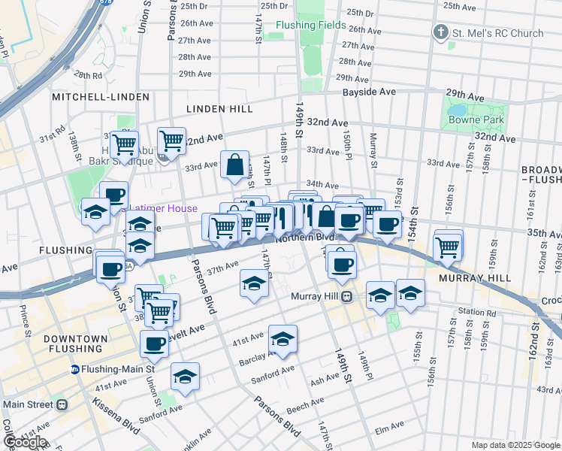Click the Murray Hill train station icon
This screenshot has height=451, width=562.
(346, 296)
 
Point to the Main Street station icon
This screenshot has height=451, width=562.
(62, 404)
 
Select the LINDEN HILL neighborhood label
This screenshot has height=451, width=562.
(219, 109)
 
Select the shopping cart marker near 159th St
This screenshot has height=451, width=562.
(448, 245)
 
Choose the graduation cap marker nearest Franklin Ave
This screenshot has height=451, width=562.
(185, 377)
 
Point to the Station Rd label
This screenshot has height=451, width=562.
(481, 312)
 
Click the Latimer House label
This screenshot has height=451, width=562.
(163, 209)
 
